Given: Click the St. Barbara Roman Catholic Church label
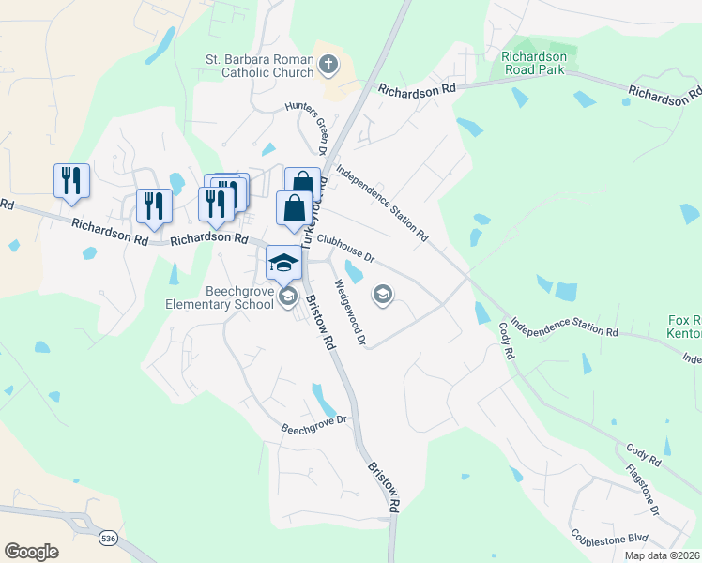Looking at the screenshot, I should click(x=258, y=67).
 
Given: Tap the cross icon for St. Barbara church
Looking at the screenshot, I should click(x=328, y=65).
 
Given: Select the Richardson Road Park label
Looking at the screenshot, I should click(x=535, y=62).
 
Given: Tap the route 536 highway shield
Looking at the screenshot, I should click(x=110, y=538).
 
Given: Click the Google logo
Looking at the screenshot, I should click(x=31, y=552).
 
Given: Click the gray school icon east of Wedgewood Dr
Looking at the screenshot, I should click(x=382, y=296).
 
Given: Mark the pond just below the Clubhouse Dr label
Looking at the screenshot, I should click(x=355, y=272).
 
